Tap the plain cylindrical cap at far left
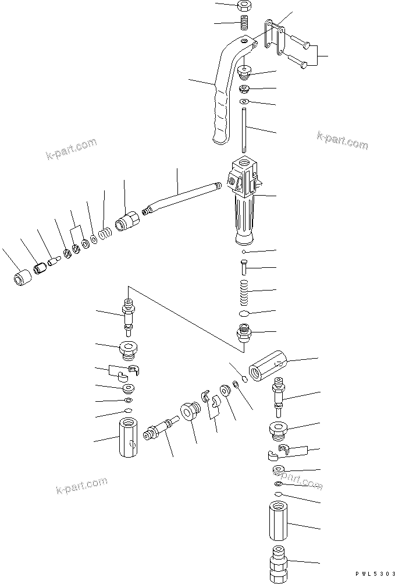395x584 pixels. tap(22, 277)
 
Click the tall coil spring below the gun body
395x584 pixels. tap(245, 291)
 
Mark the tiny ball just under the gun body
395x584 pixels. tap(245, 252)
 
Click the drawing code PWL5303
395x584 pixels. tap(370, 575)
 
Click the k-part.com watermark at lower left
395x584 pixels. tap(81, 483)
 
